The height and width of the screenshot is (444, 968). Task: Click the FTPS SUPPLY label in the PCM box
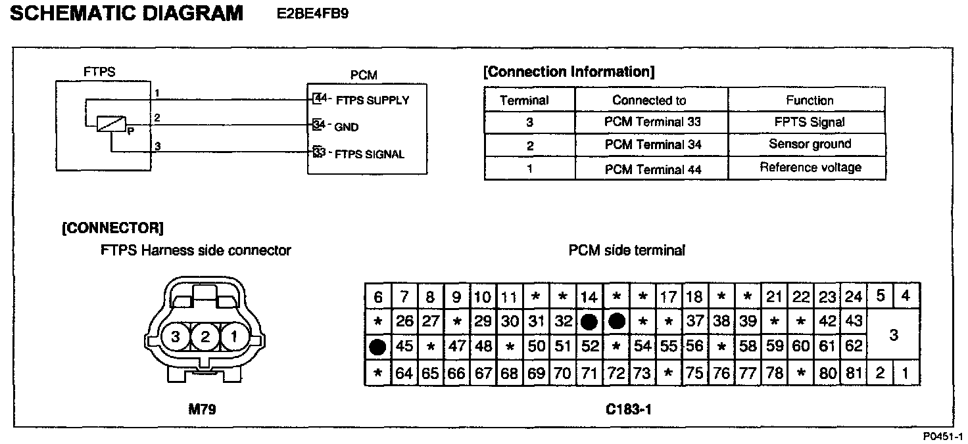coord(372,100)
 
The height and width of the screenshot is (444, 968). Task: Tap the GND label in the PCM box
coord(347,127)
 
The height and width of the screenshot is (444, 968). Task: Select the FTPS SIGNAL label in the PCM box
coord(370,154)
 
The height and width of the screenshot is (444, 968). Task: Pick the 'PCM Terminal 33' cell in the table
coord(652,122)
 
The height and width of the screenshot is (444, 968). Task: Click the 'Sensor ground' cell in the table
coord(810,144)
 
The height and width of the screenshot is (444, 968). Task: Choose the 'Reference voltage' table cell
coord(810,167)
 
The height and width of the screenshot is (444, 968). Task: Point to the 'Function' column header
coord(810,100)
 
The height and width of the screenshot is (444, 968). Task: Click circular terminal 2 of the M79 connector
coord(205,338)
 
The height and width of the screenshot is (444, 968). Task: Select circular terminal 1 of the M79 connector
coord(233,338)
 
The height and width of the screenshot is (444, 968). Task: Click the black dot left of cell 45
coord(378,347)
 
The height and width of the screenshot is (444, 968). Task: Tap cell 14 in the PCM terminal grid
coord(589,297)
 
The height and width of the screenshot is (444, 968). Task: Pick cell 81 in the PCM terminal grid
coord(854,374)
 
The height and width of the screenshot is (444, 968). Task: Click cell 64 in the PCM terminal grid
coord(404,374)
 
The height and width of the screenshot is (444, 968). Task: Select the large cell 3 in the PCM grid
coord(893,335)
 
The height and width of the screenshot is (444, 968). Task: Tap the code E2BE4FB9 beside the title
coord(314,14)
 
